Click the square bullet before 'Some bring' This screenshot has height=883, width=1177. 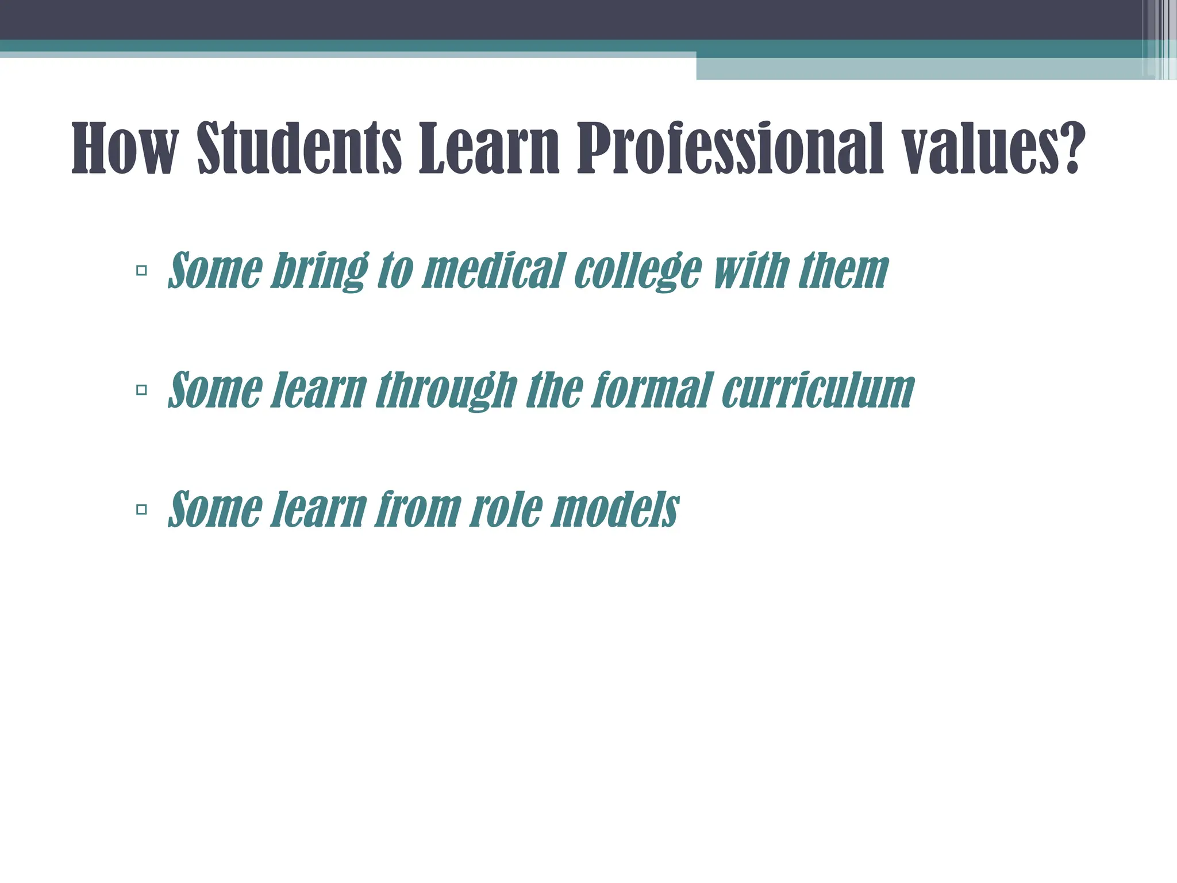click(x=141, y=270)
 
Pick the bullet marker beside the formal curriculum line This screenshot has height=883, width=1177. click(x=141, y=390)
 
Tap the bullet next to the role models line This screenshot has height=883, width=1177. click(x=141, y=509)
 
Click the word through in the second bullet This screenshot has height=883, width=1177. click(x=446, y=390)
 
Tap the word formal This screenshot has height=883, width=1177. click(x=652, y=390)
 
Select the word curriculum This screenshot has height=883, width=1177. click(x=817, y=390)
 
